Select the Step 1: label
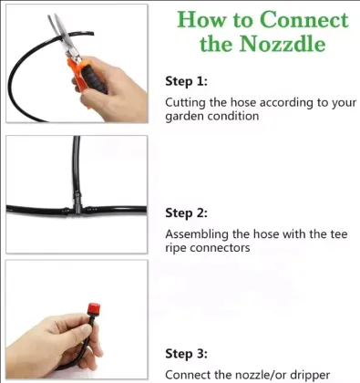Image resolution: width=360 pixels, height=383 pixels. pos(186,81)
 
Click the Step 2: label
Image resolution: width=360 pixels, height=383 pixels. pos(186,212)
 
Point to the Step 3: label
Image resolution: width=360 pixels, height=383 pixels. pos(186,353)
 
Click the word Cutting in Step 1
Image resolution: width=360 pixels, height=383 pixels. pos(186,102)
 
